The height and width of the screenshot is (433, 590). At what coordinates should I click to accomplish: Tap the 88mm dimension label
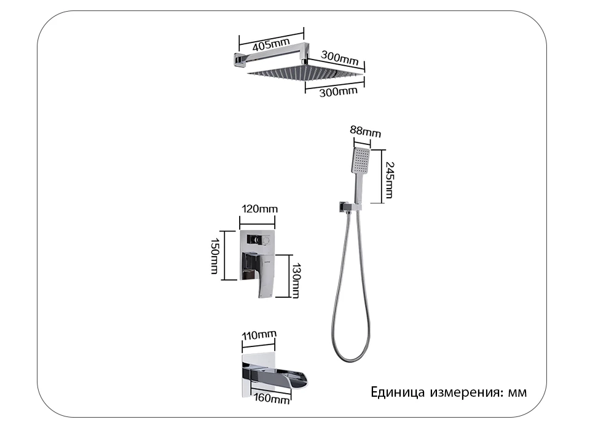pos(365,131)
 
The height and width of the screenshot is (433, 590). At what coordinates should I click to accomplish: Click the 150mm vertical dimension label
pos(214,256)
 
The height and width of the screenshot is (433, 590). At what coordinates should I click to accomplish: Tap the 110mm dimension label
pos(259,335)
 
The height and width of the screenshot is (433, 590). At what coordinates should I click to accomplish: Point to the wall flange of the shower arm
pos(236,60)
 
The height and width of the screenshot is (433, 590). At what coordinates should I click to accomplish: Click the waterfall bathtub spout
pos(289,376)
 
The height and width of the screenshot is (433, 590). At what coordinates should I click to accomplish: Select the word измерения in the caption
pos(466,392)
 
